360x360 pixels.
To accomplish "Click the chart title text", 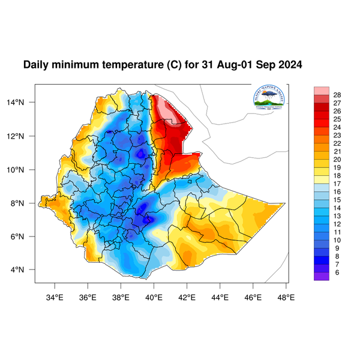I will coord(162,64).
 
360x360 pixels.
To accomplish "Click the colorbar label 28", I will coord(337,95).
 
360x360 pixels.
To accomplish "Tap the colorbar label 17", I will coord(337,184).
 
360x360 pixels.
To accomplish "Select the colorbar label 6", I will coord(337,272).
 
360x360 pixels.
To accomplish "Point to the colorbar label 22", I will coord(337,143).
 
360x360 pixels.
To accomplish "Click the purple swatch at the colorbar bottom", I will coord(322,276).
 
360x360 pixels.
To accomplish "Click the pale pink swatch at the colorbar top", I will coord(322,90).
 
